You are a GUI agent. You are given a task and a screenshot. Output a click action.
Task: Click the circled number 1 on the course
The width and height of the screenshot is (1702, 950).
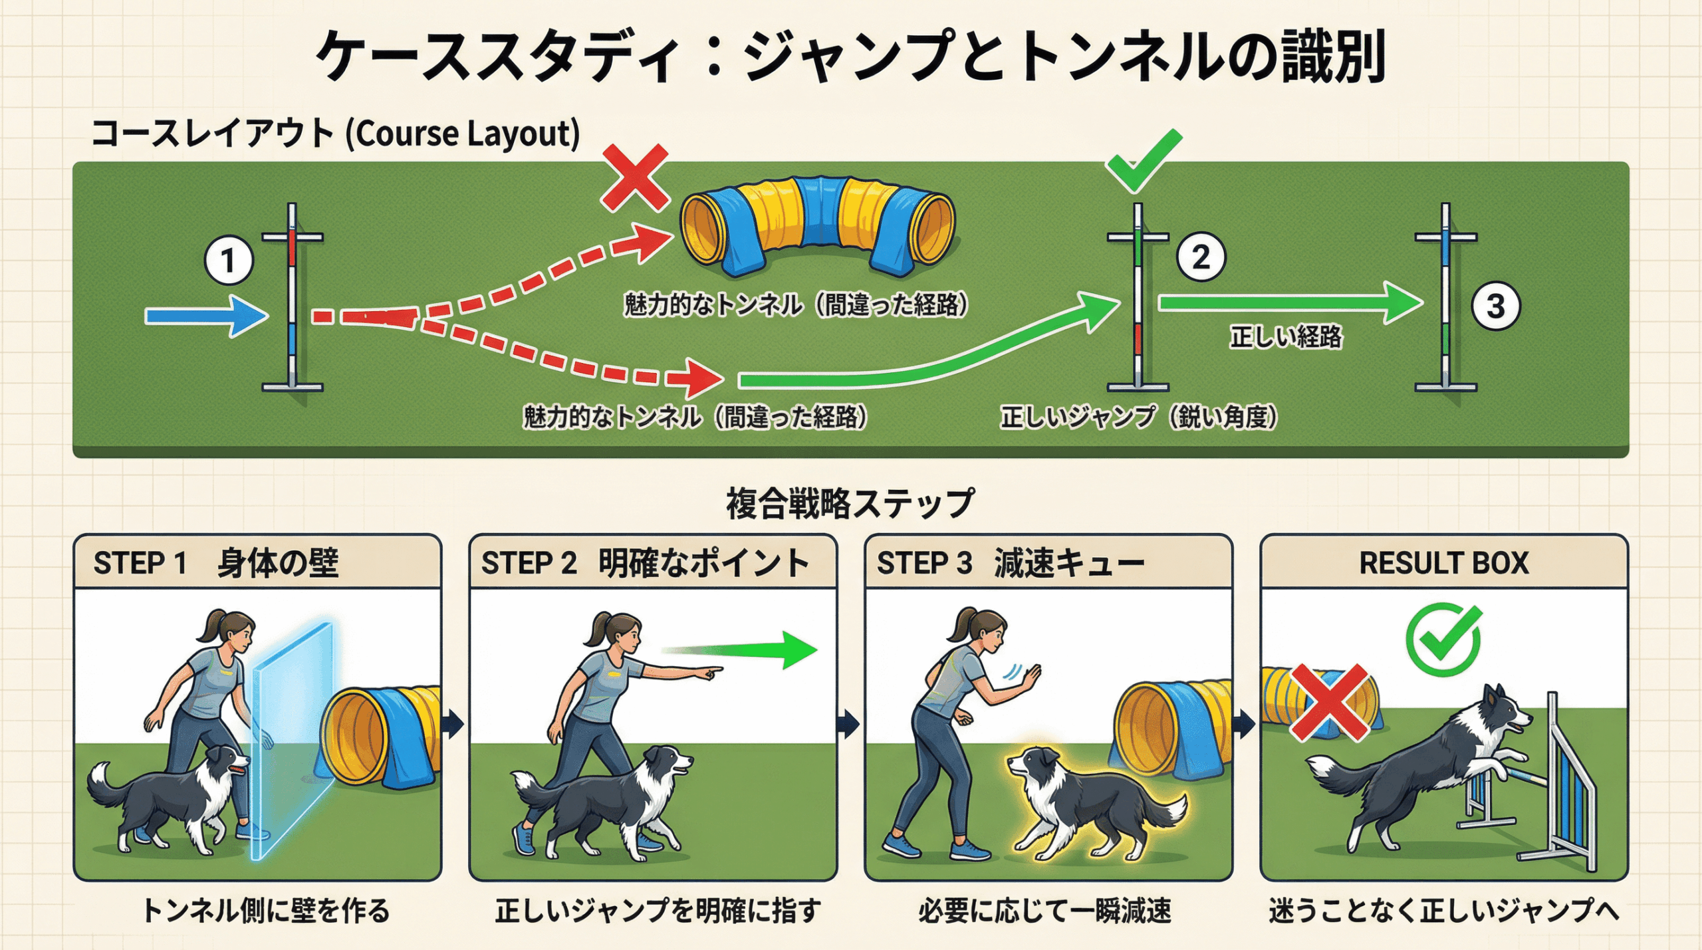point(228,261)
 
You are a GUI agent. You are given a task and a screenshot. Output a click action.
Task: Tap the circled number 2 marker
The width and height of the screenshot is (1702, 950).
point(1201,257)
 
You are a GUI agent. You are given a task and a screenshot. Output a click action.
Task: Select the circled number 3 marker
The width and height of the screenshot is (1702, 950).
point(1495,306)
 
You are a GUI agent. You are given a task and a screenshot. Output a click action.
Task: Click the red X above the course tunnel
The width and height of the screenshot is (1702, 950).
point(635,178)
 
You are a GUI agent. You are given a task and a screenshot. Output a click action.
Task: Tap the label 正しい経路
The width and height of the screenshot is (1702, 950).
point(1286,337)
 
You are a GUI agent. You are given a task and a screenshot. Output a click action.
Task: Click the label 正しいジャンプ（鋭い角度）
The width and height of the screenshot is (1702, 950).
point(1139,417)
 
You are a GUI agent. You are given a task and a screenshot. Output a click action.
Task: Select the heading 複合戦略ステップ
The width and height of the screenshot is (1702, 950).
point(850,503)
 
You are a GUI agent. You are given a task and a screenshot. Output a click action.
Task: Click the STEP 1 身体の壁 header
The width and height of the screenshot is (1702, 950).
point(216,563)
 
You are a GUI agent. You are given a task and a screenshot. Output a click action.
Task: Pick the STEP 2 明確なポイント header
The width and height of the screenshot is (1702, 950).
point(645,563)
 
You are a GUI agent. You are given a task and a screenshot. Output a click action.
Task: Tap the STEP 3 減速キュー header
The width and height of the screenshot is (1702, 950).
point(1011,563)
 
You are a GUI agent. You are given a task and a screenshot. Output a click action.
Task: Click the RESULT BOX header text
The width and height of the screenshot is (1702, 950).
point(1443,563)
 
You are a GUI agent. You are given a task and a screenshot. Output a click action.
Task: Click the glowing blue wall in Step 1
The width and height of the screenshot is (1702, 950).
point(293,738)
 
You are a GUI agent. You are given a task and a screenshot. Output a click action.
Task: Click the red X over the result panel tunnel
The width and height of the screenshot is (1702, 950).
point(1330,703)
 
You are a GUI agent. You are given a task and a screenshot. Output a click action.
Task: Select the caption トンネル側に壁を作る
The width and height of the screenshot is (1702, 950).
point(266,911)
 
